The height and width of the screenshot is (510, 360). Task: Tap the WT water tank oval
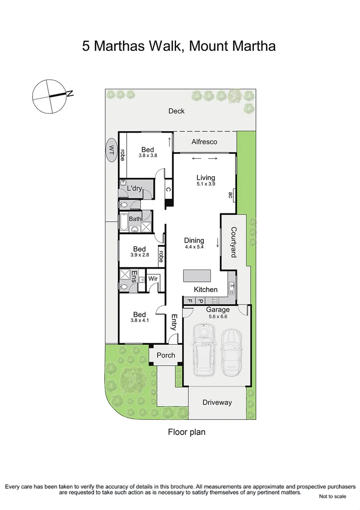pos(112,150)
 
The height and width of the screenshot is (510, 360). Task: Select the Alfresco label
pos(204,141)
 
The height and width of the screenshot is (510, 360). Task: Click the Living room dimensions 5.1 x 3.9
pos(206,185)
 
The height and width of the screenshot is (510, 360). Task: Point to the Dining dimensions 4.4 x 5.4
pos(194,247)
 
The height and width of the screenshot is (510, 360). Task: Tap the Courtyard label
pos(234,242)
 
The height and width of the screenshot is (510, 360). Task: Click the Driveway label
pos(217,402)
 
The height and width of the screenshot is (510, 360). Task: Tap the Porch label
pos(166,355)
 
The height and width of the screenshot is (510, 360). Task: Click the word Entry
pos(174,323)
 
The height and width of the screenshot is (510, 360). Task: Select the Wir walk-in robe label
pos(153,279)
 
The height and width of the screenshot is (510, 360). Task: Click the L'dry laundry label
pos(134,188)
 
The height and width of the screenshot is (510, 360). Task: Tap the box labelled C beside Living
pos(168,190)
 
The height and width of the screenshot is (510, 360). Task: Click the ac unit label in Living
pos(230,194)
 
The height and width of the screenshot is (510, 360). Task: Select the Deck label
pos(176,111)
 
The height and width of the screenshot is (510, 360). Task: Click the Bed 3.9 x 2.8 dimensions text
pos(139,255)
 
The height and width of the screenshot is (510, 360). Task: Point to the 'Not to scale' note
pos(332,496)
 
